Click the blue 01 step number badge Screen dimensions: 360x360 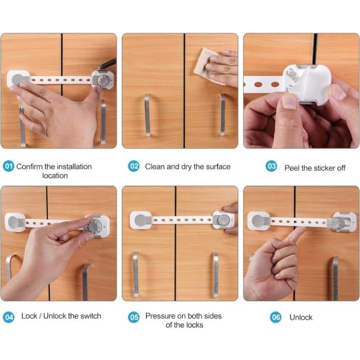[x=9, y=166]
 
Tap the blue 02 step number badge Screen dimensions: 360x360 [x=133, y=166]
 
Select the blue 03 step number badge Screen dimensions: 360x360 [x=271, y=167]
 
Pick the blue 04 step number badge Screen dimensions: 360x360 [x=9, y=317]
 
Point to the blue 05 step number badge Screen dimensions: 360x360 [x=133, y=317]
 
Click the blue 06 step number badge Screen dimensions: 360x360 [x=275, y=317]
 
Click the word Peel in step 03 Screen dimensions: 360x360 [x=293, y=168]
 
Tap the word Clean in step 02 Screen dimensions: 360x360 [x=155, y=166]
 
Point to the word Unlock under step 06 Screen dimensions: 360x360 [x=301, y=317]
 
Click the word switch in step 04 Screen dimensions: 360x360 [x=91, y=316]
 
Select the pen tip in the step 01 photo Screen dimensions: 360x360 [x=100, y=67]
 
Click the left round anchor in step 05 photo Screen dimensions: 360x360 [x=139, y=220]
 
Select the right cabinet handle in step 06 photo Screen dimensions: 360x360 [x=335, y=277]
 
